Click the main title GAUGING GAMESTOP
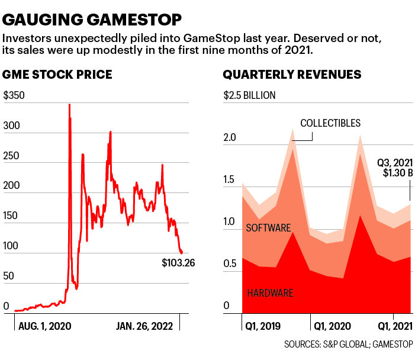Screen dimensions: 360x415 (x=92, y=20)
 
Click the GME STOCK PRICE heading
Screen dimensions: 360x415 (x=57, y=75)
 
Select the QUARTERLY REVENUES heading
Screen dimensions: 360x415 (x=292, y=75)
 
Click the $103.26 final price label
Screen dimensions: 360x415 (x=178, y=262)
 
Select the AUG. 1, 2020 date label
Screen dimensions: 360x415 (x=45, y=326)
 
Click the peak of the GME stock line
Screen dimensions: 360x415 (x=69, y=105)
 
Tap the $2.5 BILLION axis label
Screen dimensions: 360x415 (x=249, y=95)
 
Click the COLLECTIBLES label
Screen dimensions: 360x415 (x=330, y=123)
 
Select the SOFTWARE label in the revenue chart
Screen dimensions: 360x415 (x=269, y=228)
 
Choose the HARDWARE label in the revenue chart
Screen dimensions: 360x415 (x=270, y=292)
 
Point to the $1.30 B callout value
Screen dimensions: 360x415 (x=394, y=172)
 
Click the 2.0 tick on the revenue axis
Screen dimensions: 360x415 (x=230, y=138)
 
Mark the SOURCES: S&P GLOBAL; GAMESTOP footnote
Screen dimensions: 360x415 (x=349, y=345)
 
